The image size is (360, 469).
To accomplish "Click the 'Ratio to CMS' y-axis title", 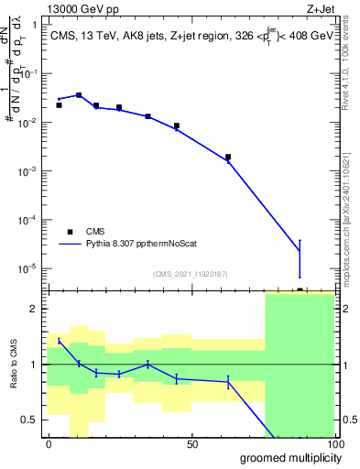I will [12, 365].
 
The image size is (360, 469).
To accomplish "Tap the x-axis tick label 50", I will [192, 443].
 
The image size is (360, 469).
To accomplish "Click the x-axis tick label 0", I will [49, 443].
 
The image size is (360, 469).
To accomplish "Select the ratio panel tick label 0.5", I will [27, 420].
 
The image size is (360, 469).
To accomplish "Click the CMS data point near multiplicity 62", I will [228, 158].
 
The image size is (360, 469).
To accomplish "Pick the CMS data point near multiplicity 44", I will [177, 125].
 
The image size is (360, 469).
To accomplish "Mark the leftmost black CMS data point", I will [59, 105].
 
